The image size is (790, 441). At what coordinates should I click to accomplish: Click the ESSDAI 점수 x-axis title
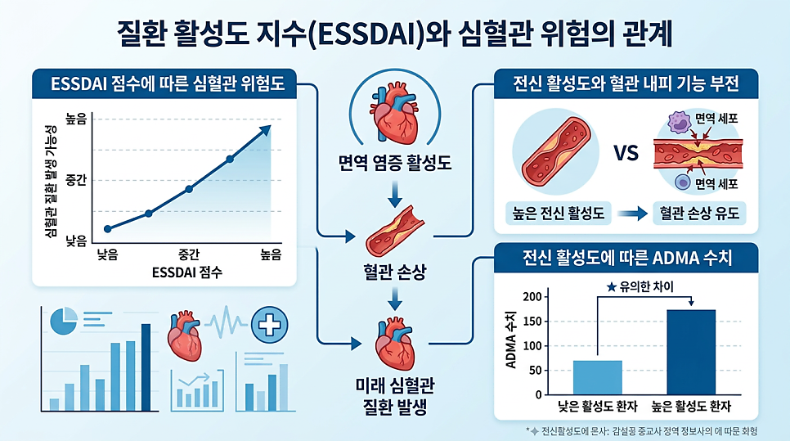pos(187,271)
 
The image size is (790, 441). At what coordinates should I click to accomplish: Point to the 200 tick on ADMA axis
pos(532,296)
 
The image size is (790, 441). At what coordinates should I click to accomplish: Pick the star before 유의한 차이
pos(611,286)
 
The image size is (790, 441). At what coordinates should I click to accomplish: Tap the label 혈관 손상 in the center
pos(396,270)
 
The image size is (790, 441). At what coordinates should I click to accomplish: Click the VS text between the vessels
pos(626,154)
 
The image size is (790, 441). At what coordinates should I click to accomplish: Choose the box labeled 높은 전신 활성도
pos(564,214)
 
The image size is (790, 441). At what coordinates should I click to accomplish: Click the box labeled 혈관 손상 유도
pos(699,214)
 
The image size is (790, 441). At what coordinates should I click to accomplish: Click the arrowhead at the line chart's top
pos(265,128)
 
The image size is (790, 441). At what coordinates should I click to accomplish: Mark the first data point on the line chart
pos(108,228)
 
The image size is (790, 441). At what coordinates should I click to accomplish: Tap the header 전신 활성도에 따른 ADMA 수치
pos(626,258)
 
